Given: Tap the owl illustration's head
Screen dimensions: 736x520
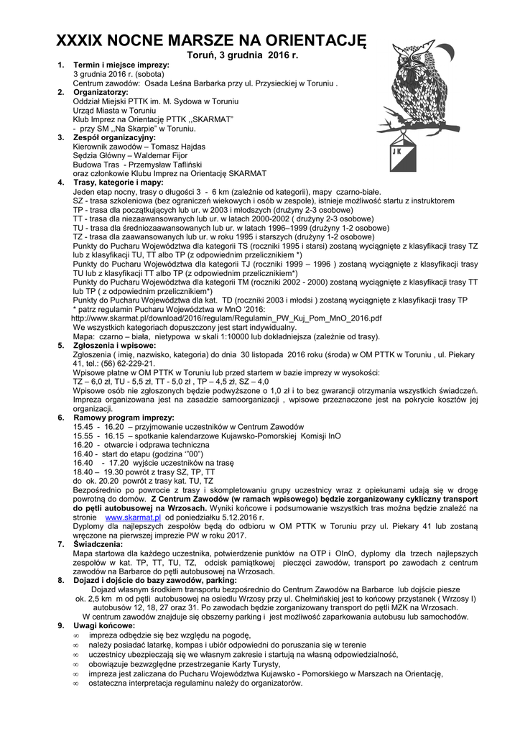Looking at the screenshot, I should (416, 61).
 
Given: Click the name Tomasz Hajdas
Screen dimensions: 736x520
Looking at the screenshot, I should (173, 147).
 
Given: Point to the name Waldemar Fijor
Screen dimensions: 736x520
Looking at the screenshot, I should (159, 155).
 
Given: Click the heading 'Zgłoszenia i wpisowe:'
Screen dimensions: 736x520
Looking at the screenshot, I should (114, 346).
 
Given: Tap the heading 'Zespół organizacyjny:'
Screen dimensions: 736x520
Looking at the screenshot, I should (114, 137).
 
